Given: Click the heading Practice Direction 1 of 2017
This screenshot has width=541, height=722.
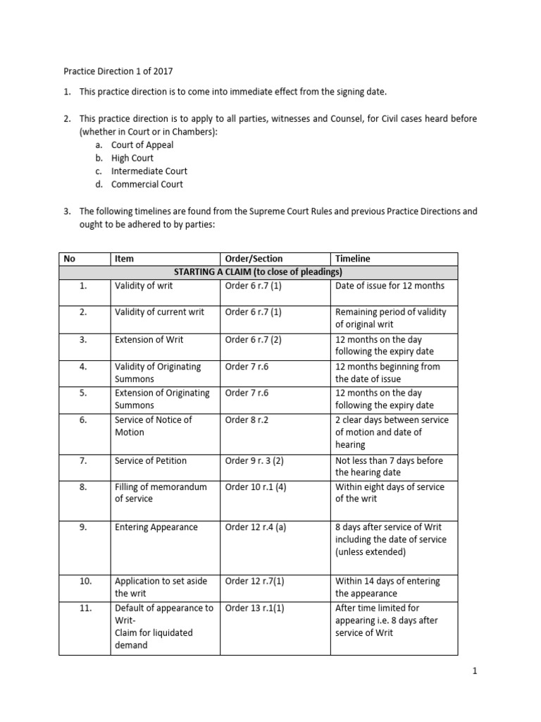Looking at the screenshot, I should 118,71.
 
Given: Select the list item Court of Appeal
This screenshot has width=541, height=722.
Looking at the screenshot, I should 142,145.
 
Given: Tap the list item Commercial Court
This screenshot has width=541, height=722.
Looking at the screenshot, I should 147,185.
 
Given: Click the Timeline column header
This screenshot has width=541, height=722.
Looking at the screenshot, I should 352,259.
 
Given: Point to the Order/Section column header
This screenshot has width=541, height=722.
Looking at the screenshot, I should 254,259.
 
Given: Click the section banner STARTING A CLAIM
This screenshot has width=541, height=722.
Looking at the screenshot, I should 258,272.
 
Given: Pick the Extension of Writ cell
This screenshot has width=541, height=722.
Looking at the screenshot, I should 149,340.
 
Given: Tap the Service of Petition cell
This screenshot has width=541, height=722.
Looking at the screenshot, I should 151,461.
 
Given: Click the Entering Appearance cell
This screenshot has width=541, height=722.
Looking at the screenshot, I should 156,527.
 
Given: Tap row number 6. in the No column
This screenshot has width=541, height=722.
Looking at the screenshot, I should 83,420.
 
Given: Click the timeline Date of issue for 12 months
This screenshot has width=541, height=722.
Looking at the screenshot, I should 390,286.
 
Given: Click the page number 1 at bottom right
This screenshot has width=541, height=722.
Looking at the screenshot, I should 475,672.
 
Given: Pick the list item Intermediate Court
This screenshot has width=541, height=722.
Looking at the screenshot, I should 149,171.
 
